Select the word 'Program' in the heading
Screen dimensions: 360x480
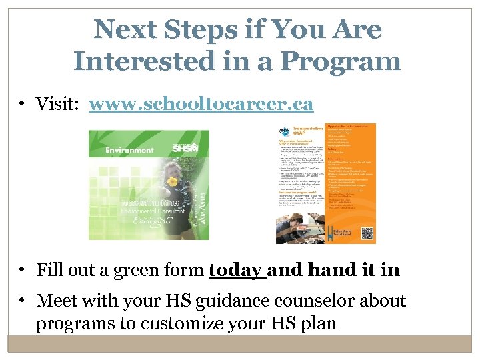point(341,61)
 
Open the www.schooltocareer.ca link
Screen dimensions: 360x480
point(201,104)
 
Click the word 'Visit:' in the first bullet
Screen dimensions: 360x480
point(59,104)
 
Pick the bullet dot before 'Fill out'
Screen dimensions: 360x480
point(23,270)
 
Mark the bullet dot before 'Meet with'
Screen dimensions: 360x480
point(23,301)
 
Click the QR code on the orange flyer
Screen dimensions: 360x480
point(366,233)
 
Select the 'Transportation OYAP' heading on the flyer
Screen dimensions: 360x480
point(302,133)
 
